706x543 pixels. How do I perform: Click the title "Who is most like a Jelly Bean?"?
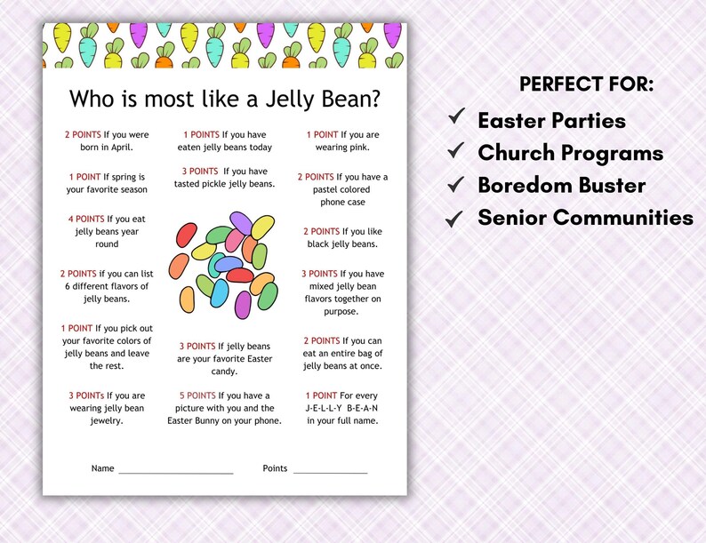click(x=224, y=97)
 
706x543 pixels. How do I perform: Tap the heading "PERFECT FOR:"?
click(x=586, y=84)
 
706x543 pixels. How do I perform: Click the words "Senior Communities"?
click(x=585, y=217)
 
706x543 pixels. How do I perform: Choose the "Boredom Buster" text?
click(x=561, y=185)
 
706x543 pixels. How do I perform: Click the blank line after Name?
click(x=175, y=471)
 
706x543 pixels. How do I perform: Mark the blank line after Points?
click(x=330, y=471)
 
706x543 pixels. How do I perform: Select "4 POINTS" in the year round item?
click(x=85, y=219)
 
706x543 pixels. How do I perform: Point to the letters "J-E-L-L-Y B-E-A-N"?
click(x=341, y=408)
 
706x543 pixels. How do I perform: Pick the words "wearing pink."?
click(x=341, y=148)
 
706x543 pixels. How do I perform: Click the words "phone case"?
click(x=341, y=202)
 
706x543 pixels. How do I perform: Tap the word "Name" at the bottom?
click(x=102, y=468)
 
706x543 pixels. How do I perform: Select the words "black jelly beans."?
click(x=341, y=244)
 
